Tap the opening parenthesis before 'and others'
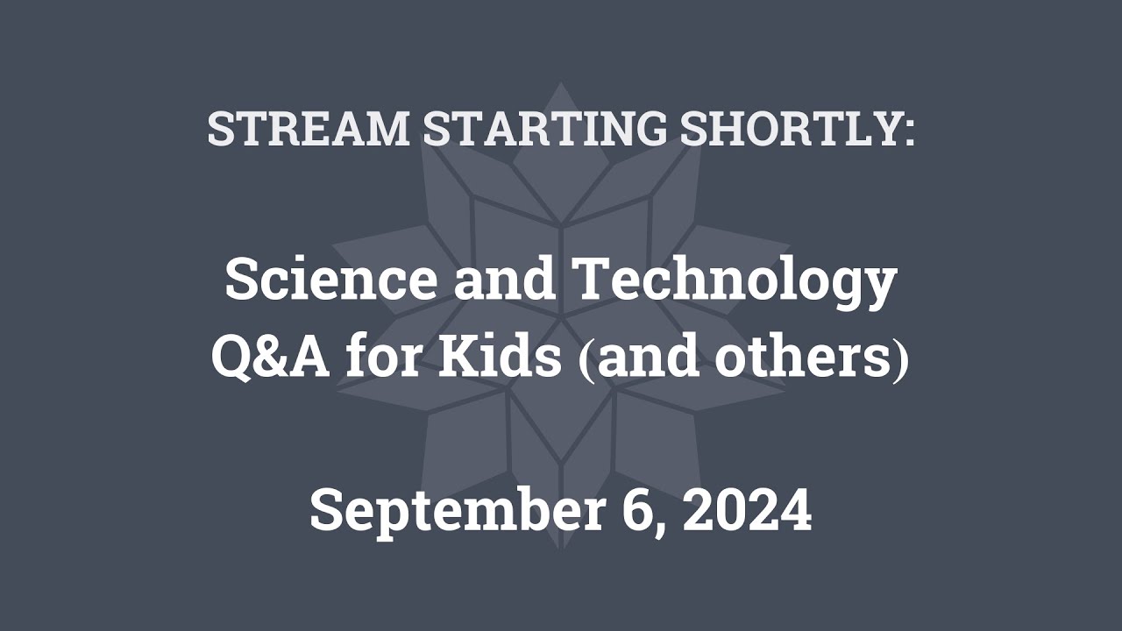(x=579, y=360)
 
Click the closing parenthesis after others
(x=900, y=360)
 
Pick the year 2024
(x=748, y=510)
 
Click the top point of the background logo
(x=561, y=84)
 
